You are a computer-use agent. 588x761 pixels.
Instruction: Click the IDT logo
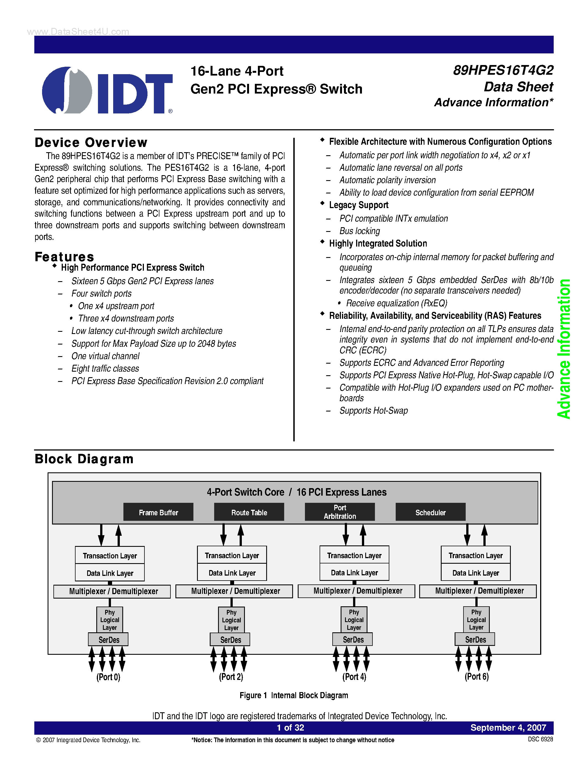coord(107,90)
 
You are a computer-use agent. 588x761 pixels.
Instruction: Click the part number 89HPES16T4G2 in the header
coord(503,70)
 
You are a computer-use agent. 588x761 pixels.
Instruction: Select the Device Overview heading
coord(91,143)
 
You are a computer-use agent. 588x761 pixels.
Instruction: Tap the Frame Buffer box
coord(158,512)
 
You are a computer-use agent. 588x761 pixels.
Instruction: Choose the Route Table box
coord(249,512)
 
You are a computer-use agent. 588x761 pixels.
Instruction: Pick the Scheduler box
coord(430,512)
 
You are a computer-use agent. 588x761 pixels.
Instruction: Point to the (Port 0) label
coord(108,677)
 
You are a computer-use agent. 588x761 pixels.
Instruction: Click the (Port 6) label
coord(476,677)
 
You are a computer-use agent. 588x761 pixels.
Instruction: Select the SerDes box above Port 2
coord(230,640)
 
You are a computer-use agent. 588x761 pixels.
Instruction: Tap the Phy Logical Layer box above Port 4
coord(354,620)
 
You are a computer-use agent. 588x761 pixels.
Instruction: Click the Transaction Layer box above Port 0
coord(110,556)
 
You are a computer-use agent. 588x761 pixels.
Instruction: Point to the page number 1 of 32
coord(290,728)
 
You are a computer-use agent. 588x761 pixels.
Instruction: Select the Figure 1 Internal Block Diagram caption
coord(294,695)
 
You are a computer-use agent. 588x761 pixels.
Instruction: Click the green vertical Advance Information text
coord(564,348)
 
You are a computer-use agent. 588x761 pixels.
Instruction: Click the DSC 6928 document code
coord(540,739)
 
